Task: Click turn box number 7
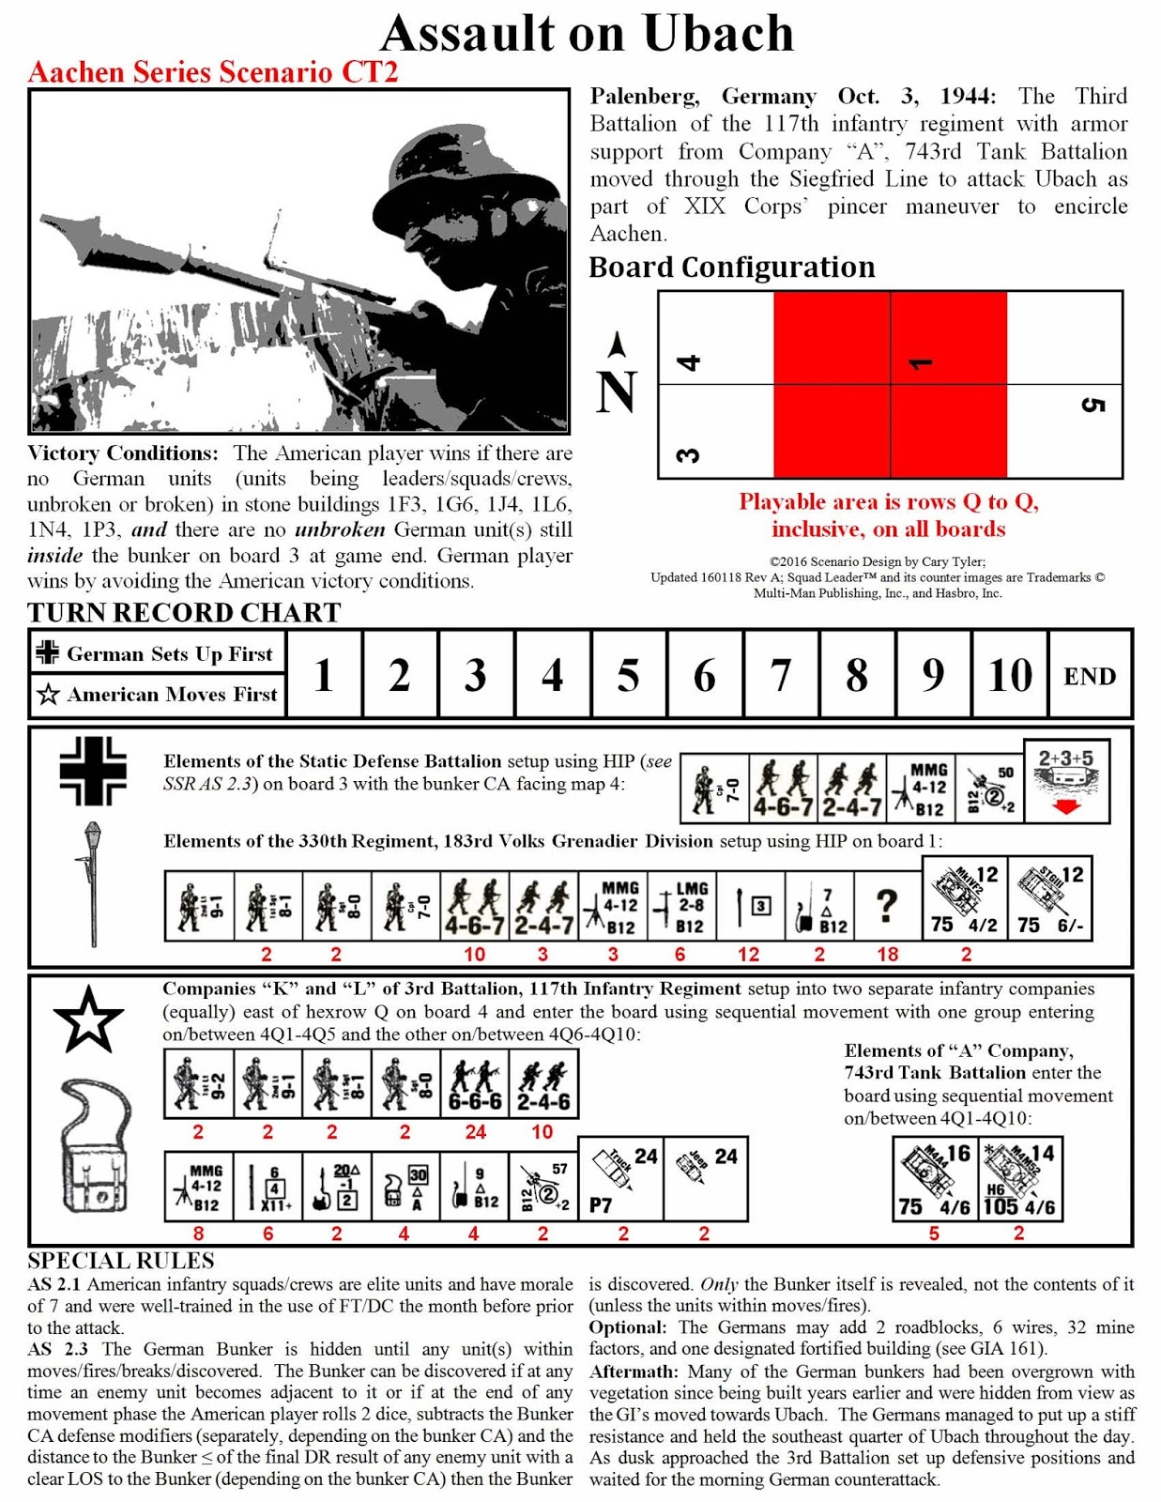(x=780, y=675)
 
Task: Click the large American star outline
(x=88, y=1020)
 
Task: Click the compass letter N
(x=617, y=392)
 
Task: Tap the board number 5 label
(x=1092, y=406)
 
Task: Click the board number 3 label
(x=688, y=455)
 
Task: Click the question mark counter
(x=886, y=907)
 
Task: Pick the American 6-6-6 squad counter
(x=475, y=1084)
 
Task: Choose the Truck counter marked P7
(x=620, y=1179)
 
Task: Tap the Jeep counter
(x=705, y=1177)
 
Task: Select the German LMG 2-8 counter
(x=682, y=907)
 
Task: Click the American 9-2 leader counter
(x=198, y=1084)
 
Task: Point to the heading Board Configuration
(x=731, y=268)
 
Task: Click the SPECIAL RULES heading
(x=121, y=1260)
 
